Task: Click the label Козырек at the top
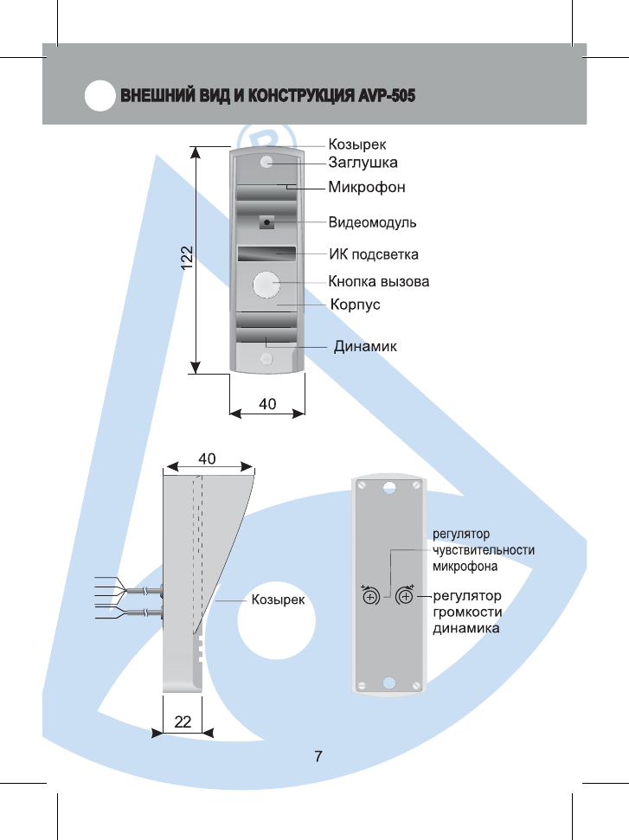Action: point(356,144)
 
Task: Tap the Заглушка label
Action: point(363,163)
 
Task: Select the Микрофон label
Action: point(367,187)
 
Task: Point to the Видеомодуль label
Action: point(372,222)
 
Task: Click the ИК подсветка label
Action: point(374,254)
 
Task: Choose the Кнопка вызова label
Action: point(378,281)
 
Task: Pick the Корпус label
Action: point(356,305)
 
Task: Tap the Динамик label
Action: point(365,346)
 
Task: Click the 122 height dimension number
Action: point(186,258)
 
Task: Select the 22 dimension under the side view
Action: point(183,721)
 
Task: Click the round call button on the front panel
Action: point(266,285)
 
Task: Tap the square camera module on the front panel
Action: point(266,221)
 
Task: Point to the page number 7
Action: point(318,756)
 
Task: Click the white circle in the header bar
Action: point(99,95)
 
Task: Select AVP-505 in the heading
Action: point(387,95)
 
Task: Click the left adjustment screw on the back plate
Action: point(371,596)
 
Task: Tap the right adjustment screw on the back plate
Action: point(405,596)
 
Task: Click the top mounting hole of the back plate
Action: point(389,488)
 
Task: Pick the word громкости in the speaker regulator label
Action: point(467,612)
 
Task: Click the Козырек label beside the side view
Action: point(278,600)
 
